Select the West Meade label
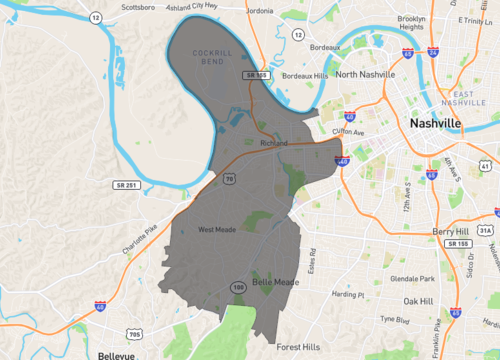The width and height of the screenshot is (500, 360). [217, 229]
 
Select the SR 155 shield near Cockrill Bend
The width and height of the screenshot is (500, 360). [256, 75]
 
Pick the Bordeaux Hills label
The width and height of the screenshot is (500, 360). [305, 76]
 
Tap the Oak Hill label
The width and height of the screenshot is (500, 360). [417, 300]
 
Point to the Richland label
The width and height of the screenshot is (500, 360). [273, 143]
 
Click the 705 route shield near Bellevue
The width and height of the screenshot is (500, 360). [134, 334]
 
